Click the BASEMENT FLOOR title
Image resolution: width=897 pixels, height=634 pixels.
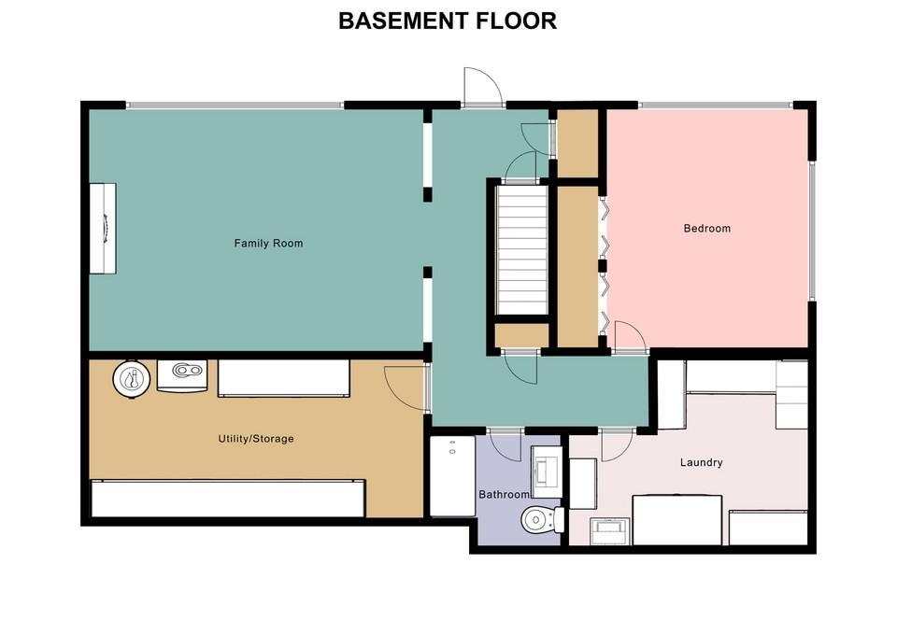click(448, 21)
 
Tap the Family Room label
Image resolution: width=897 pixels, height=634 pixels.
click(268, 243)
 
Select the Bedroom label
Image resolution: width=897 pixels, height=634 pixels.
click(707, 228)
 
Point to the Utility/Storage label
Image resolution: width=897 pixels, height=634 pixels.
click(256, 439)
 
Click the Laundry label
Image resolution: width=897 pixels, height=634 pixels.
click(702, 462)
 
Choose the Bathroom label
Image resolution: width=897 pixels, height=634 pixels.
click(504, 495)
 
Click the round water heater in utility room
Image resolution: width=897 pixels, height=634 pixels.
click(132, 378)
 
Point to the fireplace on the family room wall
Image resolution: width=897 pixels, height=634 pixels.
click(103, 228)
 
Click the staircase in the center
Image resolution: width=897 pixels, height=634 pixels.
click(521, 248)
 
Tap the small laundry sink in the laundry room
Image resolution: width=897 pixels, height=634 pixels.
click(610, 531)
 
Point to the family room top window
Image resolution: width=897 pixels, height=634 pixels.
click(235, 106)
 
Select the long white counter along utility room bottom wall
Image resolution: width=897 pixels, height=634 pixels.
click(228, 499)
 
